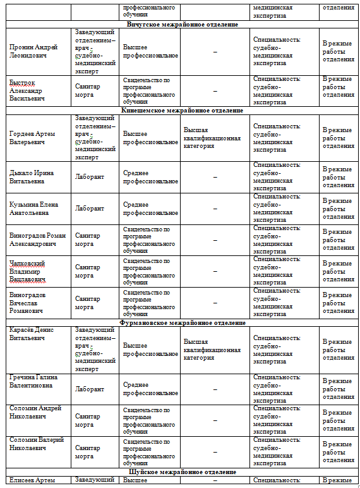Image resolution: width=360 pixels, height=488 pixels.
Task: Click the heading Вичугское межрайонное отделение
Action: point(182,25)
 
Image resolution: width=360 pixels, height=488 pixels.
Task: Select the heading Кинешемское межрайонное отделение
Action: point(182,111)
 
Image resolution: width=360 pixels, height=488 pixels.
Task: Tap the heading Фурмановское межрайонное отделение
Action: point(182,322)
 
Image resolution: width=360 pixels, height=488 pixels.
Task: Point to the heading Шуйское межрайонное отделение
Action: point(182,472)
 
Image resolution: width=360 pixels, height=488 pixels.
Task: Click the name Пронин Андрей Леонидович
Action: point(33,51)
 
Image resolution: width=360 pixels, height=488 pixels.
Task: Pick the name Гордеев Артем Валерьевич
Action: point(32,138)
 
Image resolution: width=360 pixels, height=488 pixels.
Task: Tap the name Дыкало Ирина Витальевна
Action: point(32,176)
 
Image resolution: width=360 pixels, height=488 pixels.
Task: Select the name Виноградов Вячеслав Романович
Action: point(28,303)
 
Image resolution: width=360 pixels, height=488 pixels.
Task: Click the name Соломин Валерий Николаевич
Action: point(37,444)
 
